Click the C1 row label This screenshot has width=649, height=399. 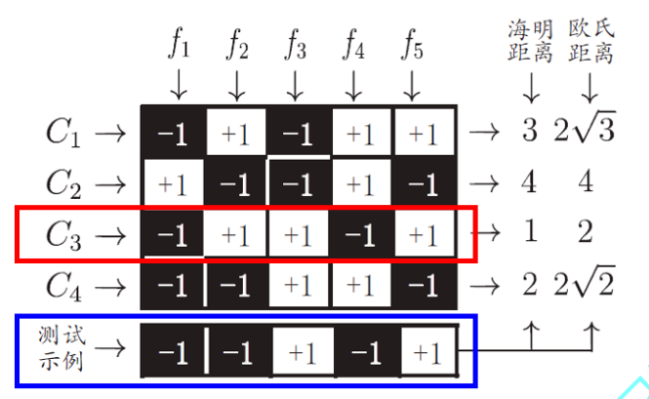pos(66,133)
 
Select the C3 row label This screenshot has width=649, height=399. pos(66,235)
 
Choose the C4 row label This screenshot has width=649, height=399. pos(66,287)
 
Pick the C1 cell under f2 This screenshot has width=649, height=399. pos(235,133)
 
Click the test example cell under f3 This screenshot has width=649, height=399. pos(301,348)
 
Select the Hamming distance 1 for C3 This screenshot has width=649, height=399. pos(530,234)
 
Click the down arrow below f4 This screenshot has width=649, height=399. pos(354,86)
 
